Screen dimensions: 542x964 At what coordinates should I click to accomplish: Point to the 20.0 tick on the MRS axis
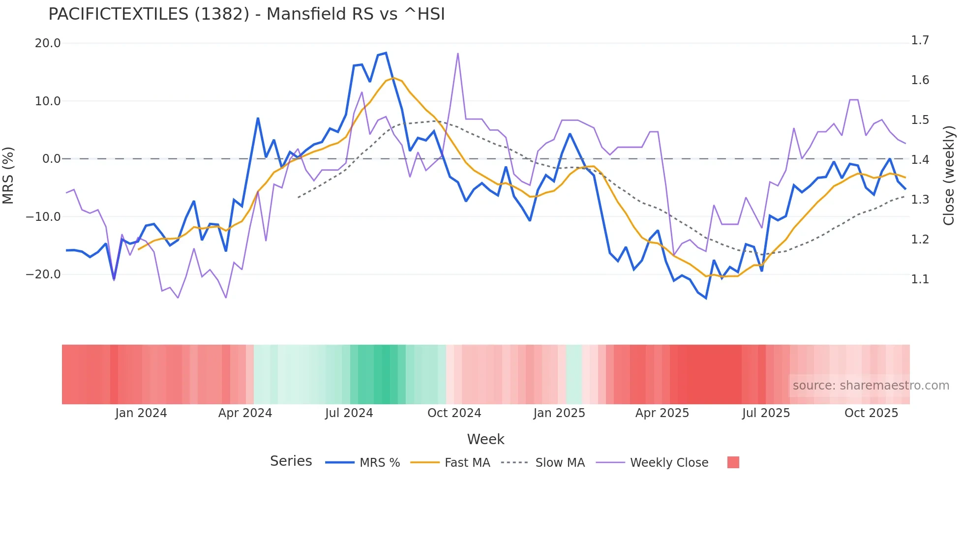48,43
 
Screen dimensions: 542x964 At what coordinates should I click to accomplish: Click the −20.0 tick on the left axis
43,274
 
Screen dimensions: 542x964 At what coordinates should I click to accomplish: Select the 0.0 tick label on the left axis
51,159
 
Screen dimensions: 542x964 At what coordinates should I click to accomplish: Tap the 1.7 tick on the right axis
920,40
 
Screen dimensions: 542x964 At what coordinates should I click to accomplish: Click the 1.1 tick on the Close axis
920,279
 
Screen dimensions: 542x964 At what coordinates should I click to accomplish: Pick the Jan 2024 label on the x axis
141,413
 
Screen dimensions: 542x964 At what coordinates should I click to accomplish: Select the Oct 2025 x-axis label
871,413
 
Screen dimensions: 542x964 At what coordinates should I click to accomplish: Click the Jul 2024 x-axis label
349,413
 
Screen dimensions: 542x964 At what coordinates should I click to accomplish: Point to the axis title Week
485,439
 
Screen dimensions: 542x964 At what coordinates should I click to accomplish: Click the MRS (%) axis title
8,175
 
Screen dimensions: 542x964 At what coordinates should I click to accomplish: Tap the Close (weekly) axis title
949,175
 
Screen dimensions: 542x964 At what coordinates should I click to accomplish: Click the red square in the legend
733,462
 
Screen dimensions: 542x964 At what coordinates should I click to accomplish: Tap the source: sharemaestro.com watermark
871,386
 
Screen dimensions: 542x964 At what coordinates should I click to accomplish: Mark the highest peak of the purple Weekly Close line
458,54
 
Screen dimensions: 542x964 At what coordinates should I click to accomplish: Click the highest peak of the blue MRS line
386,53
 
